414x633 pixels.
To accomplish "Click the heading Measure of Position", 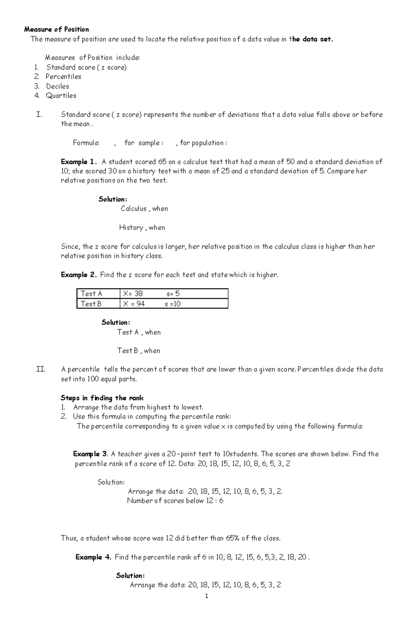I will click(x=57, y=29).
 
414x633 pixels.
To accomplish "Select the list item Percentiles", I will click(x=63, y=77).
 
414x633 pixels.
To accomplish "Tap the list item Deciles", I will click(x=58, y=86).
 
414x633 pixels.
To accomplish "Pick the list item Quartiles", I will click(x=61, y=96).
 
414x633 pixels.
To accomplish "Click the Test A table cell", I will click(x=91, y=294).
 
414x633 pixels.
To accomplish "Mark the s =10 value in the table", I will click(x=172, y=304).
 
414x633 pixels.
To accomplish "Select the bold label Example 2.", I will click(x=79, y=275).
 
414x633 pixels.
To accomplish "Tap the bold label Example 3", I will click(x=91, y=454).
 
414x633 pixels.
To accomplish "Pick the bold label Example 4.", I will click(x=93, y=557).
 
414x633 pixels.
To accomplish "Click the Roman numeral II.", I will click(x=41, y=369).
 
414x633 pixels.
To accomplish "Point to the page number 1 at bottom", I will click(x=206, y=596).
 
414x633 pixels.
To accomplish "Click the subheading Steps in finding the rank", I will click(x=102, y=398).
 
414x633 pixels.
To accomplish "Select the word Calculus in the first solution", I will click(x=134, y=209).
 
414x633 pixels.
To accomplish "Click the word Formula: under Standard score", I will click(x=86, y=143).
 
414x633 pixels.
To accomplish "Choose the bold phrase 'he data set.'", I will click(x=313, y=39).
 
